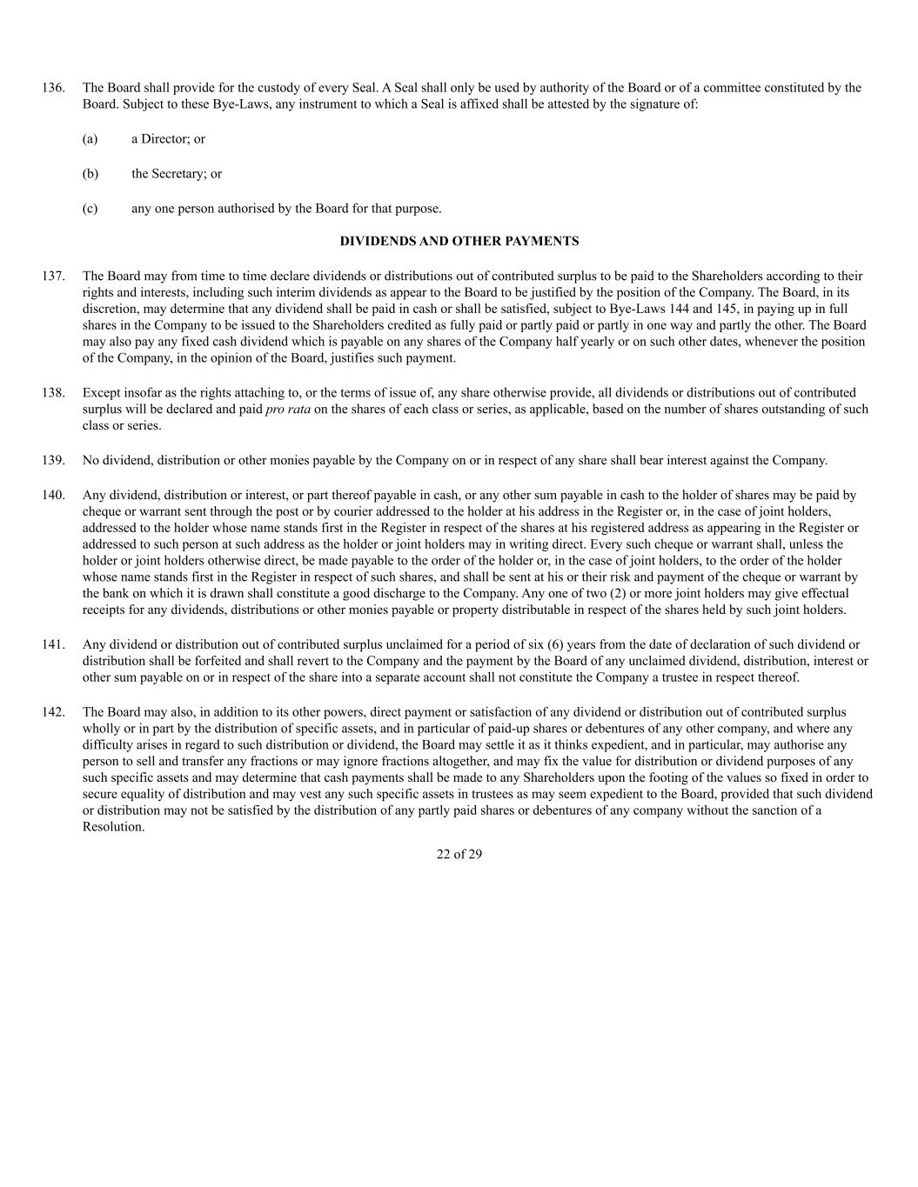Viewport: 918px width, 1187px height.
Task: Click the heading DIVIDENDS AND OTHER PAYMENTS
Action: (x=459, y=241)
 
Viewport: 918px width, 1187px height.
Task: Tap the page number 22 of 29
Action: (x=459, y=854)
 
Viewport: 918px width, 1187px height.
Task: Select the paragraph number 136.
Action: (x=54, y=88)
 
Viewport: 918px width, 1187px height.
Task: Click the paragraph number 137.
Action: (x=54, y=277)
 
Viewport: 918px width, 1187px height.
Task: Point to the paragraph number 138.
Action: (x=54, y=393)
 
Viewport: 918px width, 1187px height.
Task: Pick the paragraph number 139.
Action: (x=54, y=461)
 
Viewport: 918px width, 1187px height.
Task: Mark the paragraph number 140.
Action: (x=54, y=496)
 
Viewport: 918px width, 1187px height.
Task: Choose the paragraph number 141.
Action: (x=54, y=645)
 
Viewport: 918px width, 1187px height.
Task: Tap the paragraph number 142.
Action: (x=54, y=713)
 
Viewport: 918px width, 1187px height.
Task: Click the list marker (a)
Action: (x=90, y=139)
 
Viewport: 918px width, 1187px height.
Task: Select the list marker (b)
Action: (x=90, y=174)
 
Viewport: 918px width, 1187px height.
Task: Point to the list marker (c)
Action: (x=90, y=209)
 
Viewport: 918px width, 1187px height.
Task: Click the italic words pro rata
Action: (x=287, y=410)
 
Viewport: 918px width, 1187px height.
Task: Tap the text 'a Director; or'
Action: (x=168, y=139)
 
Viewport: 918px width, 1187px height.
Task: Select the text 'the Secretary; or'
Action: (x=177, y=174)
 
